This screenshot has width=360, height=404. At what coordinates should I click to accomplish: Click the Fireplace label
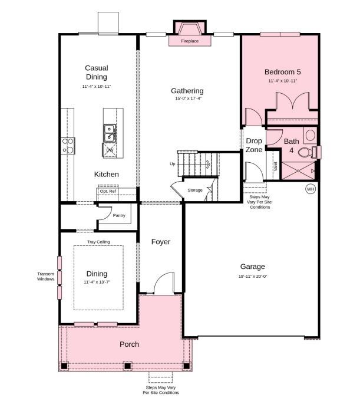[x=189, y=41]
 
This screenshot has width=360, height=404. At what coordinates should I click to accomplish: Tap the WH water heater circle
[x=311, y=189]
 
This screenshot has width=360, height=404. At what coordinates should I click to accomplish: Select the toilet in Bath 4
[x=305, y=152]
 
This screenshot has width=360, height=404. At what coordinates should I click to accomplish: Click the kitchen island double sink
[x=110, y=133]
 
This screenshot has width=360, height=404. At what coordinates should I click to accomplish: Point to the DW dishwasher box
[x=110, y=150]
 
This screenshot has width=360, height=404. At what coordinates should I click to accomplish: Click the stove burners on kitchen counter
[x=68, y=146]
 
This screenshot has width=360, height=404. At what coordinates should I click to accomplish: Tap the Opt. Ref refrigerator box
[x=108, y=191]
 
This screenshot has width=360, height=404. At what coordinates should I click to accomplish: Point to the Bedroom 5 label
[x=282, y=72]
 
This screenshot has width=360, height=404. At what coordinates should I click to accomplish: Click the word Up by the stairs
[x=173, y=163]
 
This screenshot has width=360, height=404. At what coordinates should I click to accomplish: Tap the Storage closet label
[x=195, y=190]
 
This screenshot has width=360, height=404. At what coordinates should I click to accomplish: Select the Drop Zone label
[x=254, y=145]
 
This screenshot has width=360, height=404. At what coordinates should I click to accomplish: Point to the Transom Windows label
[x=45, y=277]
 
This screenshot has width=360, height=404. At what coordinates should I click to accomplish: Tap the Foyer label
[x=160, y=242]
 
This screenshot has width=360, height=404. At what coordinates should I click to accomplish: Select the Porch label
[x=129, y=344]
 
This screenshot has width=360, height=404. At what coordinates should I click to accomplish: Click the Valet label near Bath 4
[x=275, y=166]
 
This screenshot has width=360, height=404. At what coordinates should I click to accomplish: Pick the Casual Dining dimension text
[x=96, y=86]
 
